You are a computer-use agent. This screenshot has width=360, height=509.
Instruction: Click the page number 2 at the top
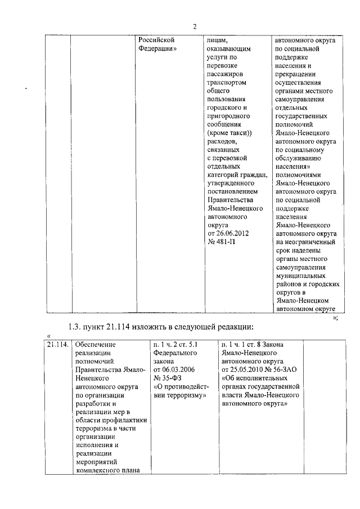(x=195, y=26)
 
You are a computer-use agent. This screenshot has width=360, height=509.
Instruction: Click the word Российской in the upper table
(x=157, y=40)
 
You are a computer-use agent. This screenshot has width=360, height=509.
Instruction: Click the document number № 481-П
(x=222, y=241)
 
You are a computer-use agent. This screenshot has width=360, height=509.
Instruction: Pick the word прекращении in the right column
(x=295, y=74)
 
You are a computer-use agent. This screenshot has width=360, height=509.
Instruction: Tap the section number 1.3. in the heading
(x=75, y=327)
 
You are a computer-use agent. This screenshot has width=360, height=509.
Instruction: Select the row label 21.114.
(x=58, y=344)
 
